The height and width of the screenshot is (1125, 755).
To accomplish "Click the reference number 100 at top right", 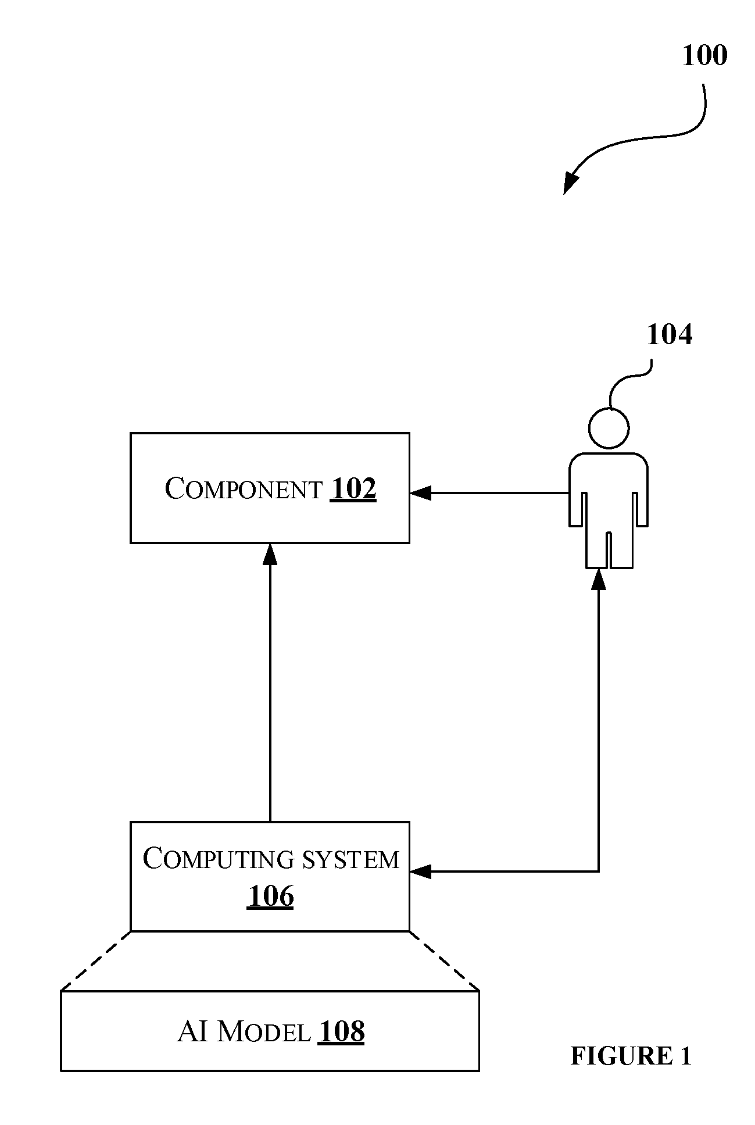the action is point(704,56).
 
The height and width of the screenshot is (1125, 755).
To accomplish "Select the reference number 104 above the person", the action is point(670,335).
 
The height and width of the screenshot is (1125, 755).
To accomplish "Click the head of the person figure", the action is point(609,428).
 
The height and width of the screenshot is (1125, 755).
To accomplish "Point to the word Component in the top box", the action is point(244,488).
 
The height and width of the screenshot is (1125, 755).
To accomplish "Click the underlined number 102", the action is point(353,488).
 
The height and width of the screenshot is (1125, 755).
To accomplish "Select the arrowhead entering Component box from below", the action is point(270,554).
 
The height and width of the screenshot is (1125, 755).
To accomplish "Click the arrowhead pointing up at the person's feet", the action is point(598,579).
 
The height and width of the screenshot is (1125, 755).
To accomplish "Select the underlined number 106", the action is point(270,896).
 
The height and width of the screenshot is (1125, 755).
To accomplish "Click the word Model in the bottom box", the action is point(263,1032).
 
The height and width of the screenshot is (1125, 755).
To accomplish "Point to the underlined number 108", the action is point(341,1032).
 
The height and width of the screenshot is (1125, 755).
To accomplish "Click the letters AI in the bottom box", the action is point(192,1032).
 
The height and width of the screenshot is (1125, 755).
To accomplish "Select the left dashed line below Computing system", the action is point(96,960).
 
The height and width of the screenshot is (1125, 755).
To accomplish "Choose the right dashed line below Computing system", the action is point(444,960).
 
